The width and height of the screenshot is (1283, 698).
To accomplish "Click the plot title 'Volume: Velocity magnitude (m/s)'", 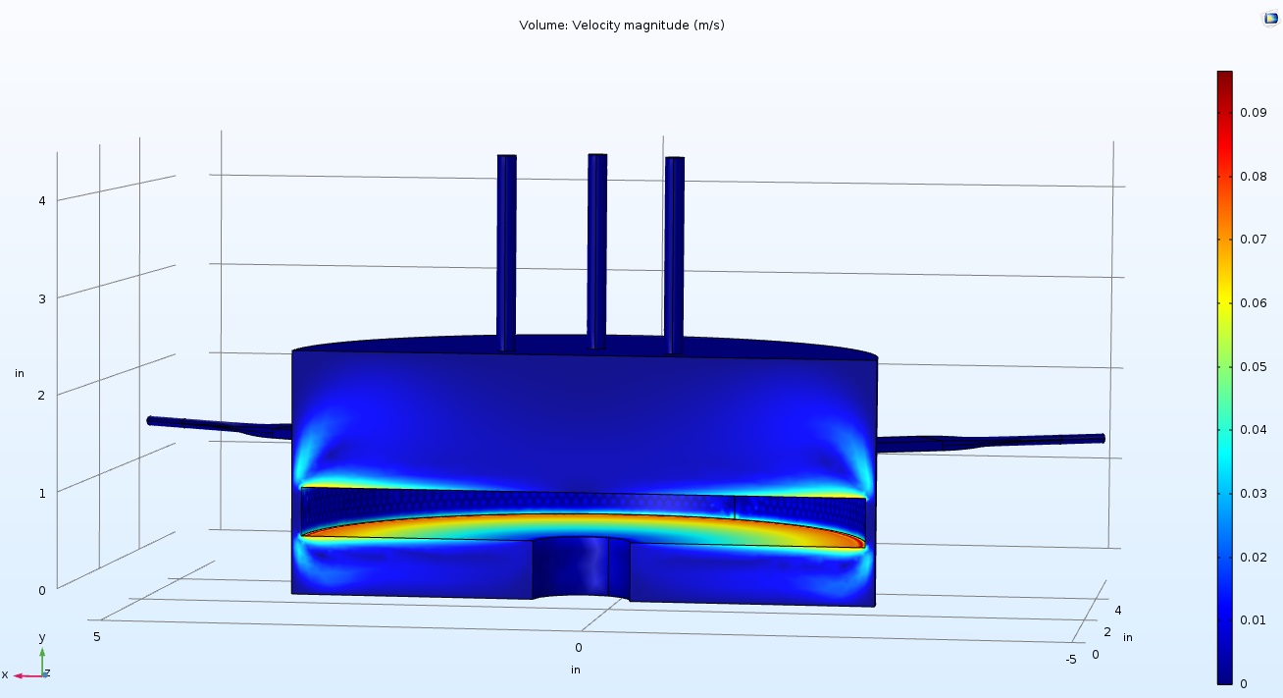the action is [x=622, y=26].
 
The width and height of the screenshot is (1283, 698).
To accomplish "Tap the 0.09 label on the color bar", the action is [x=1254, y=112].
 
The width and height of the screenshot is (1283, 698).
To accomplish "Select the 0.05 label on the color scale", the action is [x=1254, y=367].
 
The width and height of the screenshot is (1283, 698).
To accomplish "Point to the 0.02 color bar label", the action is [x=1254, y=557].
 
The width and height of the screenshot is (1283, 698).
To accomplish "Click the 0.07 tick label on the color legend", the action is [x=1254, y=239].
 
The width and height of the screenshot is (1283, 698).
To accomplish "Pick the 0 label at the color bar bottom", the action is [x=1244, y=683].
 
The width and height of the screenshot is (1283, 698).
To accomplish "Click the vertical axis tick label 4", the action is [x=42, y=200].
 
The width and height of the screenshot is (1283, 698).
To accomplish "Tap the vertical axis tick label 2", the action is [x=41, y=395].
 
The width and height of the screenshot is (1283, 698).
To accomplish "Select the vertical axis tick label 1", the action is [x=42, y=493].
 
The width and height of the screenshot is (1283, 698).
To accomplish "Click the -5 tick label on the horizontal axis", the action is [x=1071, y=660].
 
